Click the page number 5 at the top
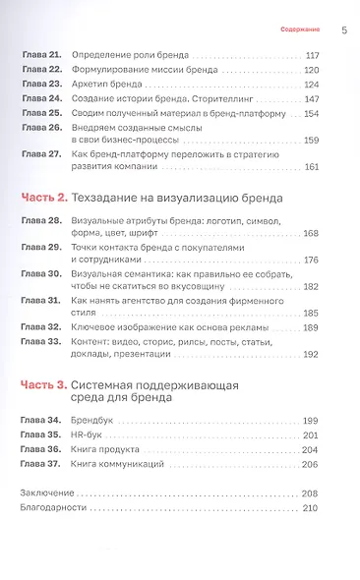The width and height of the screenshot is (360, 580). (x=343, y=29)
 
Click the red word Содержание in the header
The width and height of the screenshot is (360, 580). (x=299, y=30)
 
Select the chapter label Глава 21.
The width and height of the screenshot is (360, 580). (x=40, y=56)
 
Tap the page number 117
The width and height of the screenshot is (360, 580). (x=314, y=56)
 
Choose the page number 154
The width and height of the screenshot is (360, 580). (x=314, y=113)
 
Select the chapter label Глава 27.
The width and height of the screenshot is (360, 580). (x=40, y=154)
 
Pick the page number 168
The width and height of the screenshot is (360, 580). (x=314, y=234)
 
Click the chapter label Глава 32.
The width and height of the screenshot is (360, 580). (x=40, y=326)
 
